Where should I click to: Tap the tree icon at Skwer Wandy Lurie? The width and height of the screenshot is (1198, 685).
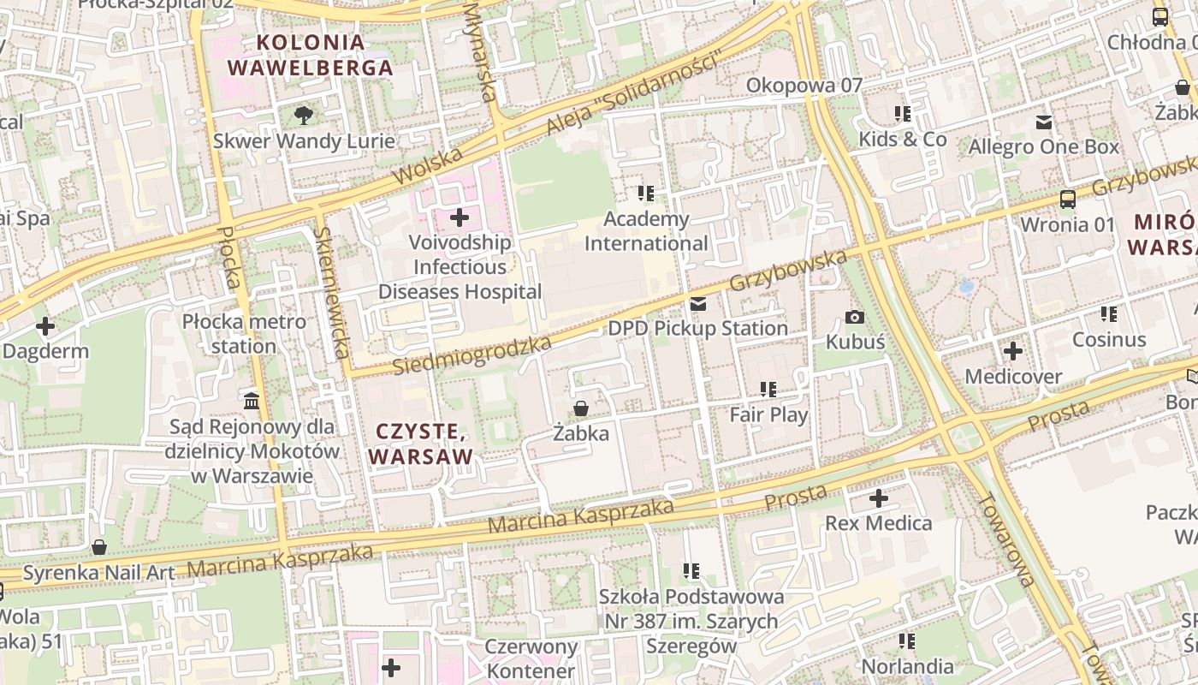(x=303, y=115)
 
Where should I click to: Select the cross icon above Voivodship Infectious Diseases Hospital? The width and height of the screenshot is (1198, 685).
(x=460, y=217)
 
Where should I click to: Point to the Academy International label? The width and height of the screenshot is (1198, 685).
(x=646, y=231)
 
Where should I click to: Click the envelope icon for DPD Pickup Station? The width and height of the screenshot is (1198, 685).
(x=699, y=304)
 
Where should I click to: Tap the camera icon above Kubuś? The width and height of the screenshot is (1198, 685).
(x=854, y=318)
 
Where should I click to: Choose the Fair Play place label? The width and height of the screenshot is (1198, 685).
(x=768, y=415)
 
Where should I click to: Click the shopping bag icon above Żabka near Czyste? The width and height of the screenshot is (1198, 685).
(x=581, y=408)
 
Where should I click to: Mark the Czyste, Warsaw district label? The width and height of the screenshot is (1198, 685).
(x=421, y=444)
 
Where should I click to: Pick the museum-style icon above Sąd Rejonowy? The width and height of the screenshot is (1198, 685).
(x=252, y=400)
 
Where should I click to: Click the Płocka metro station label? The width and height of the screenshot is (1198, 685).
(x=244, y=334)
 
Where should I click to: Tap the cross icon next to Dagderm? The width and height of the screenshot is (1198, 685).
(x=45, y=326)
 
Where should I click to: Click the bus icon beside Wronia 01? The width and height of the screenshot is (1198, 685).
(x=1068, y=200)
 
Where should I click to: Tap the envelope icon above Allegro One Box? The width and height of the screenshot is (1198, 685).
(x=1044, y=122)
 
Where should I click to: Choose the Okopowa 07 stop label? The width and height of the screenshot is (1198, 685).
(x=804, y=85)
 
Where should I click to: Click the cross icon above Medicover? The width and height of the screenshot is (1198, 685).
(x=1013, y=351)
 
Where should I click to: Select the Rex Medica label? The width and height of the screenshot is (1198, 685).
(x=879, y=523)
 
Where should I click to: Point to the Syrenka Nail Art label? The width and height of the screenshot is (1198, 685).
(x=98, y=573)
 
